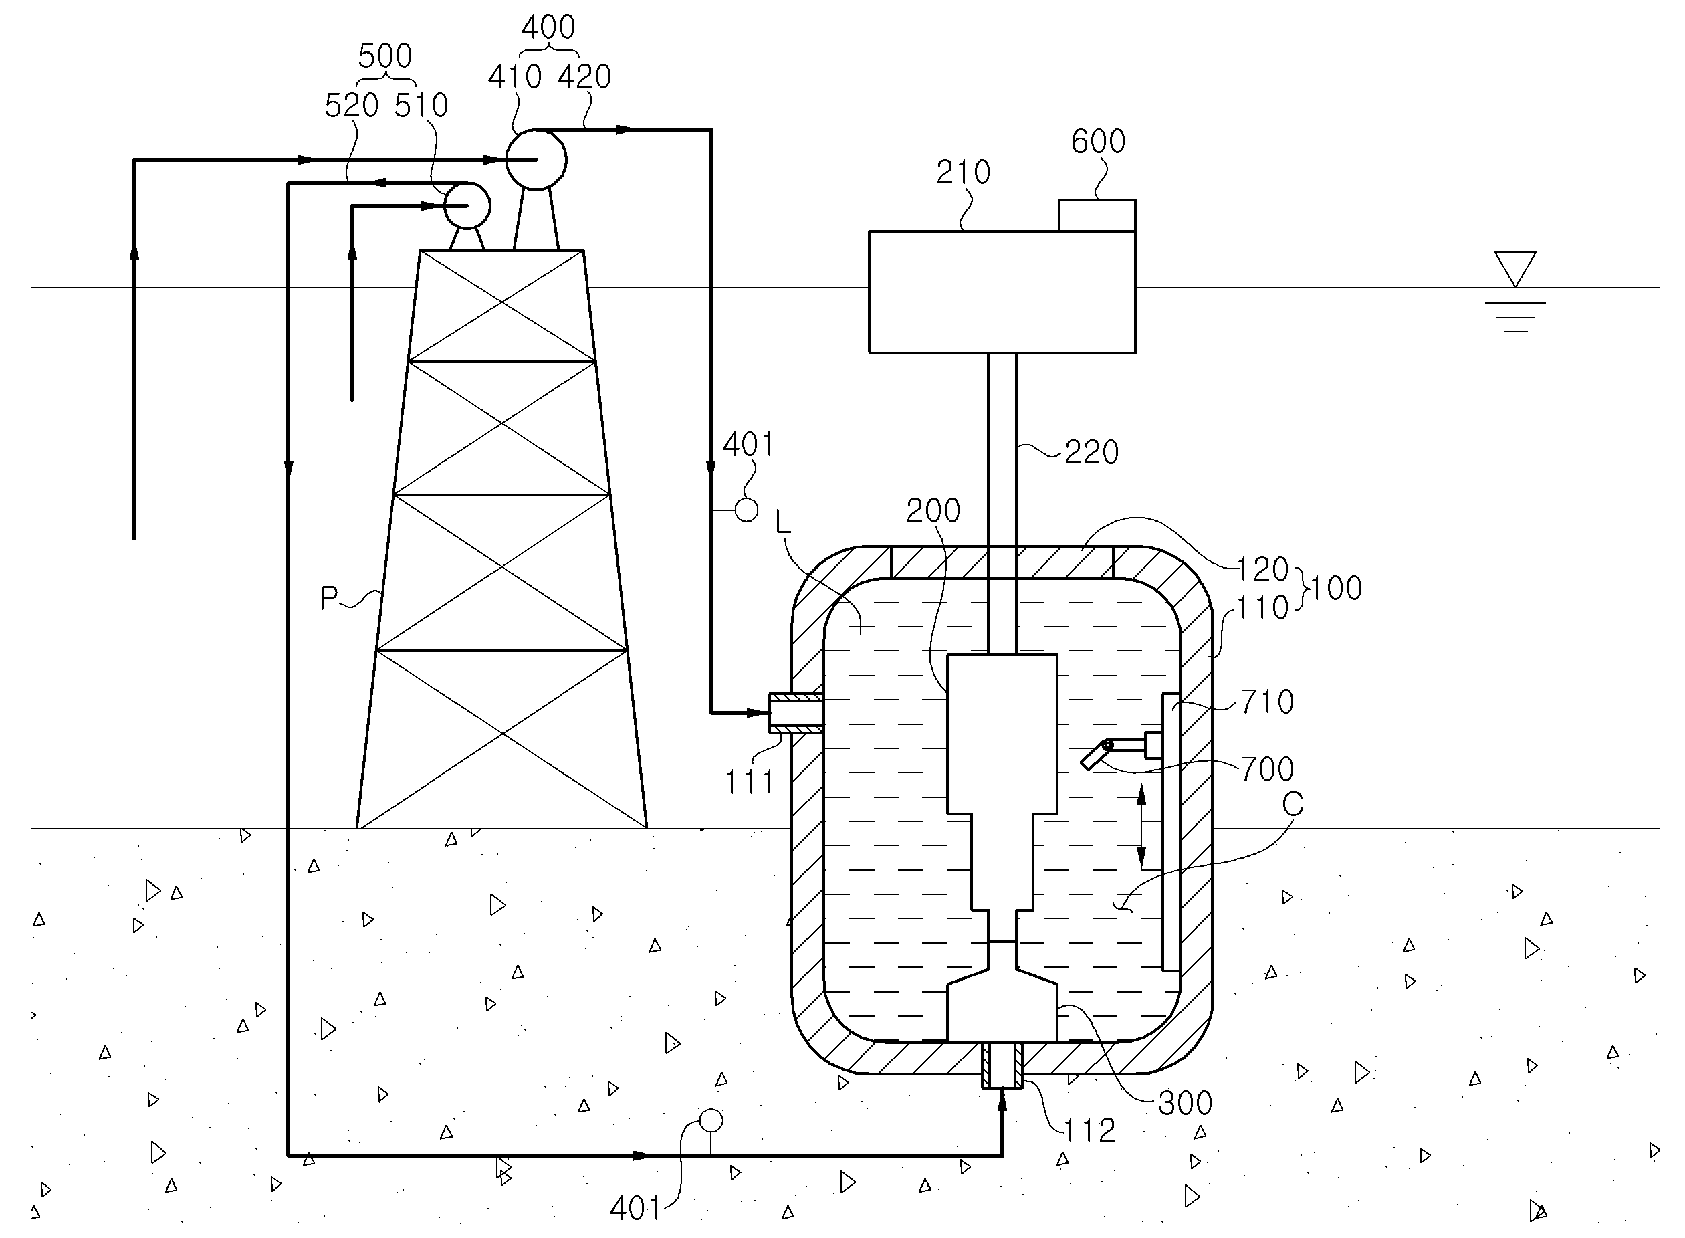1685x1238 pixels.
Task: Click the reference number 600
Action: coord(1098,141)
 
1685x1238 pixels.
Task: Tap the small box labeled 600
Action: coord(1097,215)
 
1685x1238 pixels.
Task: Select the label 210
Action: coord(963,173)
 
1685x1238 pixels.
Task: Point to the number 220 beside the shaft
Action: coord(1092,453)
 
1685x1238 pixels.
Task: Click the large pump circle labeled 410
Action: coord(536,160)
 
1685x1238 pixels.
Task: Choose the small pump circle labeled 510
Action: coord(467,205)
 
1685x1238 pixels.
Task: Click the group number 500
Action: coord(385,56)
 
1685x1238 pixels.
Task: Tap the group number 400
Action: coord(548,27)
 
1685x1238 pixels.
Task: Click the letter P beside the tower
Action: coord(328,598)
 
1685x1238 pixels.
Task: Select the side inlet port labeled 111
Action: coord(796,713)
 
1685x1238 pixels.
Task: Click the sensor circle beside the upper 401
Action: coord(746,510)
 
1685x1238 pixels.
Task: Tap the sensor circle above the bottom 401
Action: coord(710,1121)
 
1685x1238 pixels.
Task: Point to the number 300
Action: coord(1185,1103)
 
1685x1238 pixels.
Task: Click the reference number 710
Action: coord(1267,702)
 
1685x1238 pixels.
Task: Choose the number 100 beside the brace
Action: coord(1336,589)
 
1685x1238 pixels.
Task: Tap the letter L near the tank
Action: coord(783,522)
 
